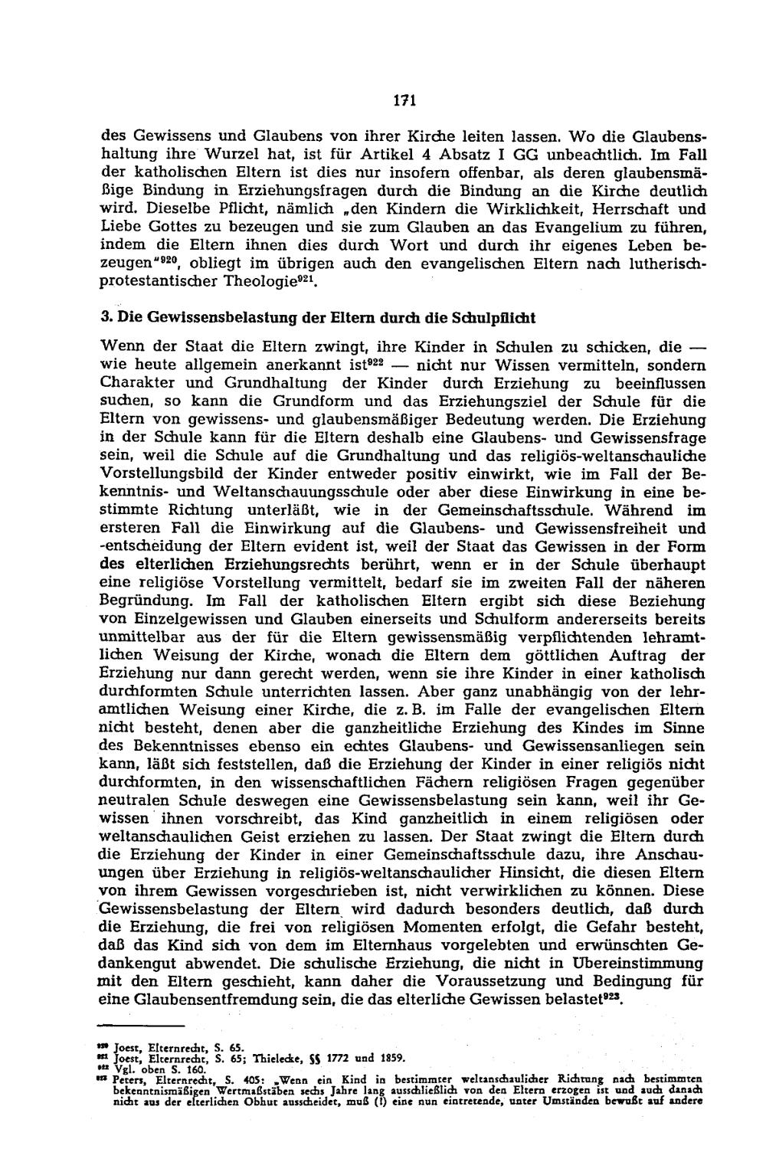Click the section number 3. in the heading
107,316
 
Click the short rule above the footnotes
143,1025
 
